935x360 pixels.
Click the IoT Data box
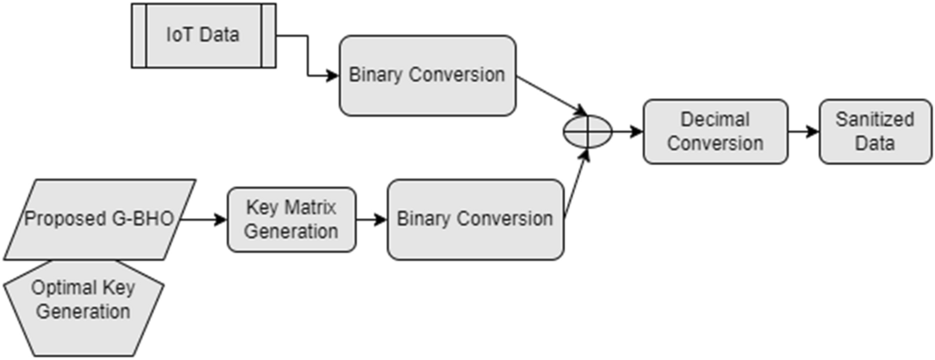click(x=203, y=35)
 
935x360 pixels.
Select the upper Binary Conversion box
click(x=427, y=75)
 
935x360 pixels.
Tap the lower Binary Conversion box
click(x=475, y=219)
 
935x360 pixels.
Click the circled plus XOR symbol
click(x=587, y=131)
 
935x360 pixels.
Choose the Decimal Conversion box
click(x=715, y=131)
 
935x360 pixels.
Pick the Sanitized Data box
click(x=875, y=131)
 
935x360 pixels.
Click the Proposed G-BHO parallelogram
click(x=100, y=219)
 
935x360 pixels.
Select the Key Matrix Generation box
click(x=291, y=219)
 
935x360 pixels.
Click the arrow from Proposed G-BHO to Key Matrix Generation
click(x=204, y=219)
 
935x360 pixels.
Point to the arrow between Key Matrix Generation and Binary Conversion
click(x=371, y=219)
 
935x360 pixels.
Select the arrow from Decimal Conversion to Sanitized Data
click(x=803, y=131)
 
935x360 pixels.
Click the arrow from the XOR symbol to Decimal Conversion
click(x=627, y=131)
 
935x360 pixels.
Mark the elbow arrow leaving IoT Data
click(x=308, y=57)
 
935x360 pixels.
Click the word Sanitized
click(x=875, y=119)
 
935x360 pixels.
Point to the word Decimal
click(x=715, y=119)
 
